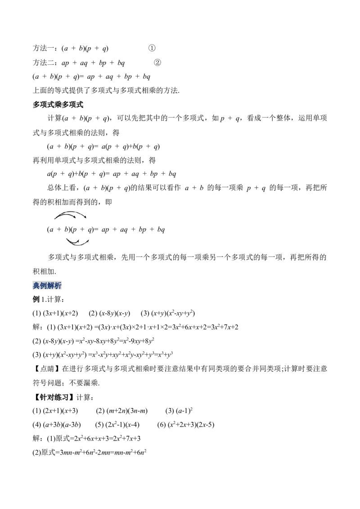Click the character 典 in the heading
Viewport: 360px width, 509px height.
point(37,286)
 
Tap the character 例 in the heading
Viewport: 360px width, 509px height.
point(45,286)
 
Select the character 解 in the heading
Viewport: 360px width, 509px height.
point(52,286)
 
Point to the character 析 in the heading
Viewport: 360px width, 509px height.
point(60,286)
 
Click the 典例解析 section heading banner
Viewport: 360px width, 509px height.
point(48,286)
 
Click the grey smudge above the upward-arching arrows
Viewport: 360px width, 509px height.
point(70,209)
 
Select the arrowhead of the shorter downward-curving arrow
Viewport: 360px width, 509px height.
point(78,241)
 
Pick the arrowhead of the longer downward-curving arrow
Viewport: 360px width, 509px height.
point(88,241)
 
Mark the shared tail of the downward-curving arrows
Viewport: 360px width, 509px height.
point(67,239)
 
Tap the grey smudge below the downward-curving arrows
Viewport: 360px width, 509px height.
point(77,247)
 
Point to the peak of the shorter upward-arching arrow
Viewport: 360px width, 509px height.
point(66,214)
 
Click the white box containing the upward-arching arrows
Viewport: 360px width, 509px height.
point(70,216)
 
